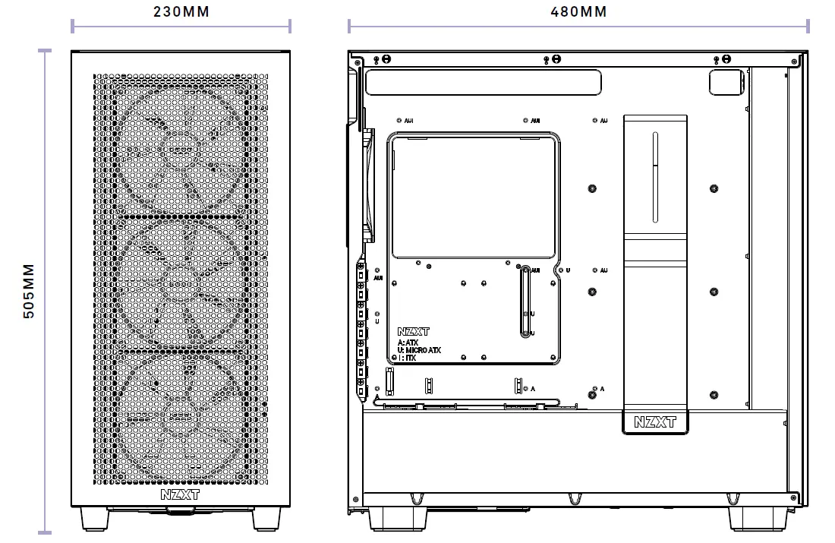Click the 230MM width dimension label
pos(181,11)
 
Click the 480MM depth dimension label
pos(578,11)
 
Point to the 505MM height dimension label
pos(29,292)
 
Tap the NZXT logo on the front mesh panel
pos(181,494)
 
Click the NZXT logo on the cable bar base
pos(654,422)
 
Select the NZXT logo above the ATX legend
pos(413,332)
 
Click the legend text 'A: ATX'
pos(408,343)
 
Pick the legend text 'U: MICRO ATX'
pos(419,350)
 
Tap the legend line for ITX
pos(407,358)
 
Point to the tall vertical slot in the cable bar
pos(655,177)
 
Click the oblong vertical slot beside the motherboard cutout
pos(525,301)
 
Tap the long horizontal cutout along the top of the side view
pos(483,82)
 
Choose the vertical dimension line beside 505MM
pos(45,292)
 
